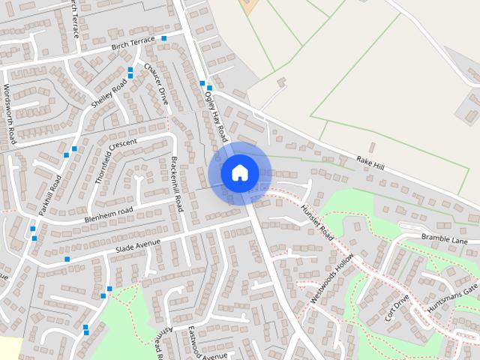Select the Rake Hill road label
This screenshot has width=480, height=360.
click(370, 162)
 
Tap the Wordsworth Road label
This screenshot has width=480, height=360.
click(9, 113)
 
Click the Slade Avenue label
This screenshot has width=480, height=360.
click(138, 244)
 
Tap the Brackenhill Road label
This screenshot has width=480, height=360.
click(177, 184)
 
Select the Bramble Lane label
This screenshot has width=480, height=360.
click(444, 240)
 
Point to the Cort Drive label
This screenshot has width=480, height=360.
click(397, 307)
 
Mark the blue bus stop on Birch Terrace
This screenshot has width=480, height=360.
click(163, 38)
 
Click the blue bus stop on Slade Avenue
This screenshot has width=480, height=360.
click(67, 259)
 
